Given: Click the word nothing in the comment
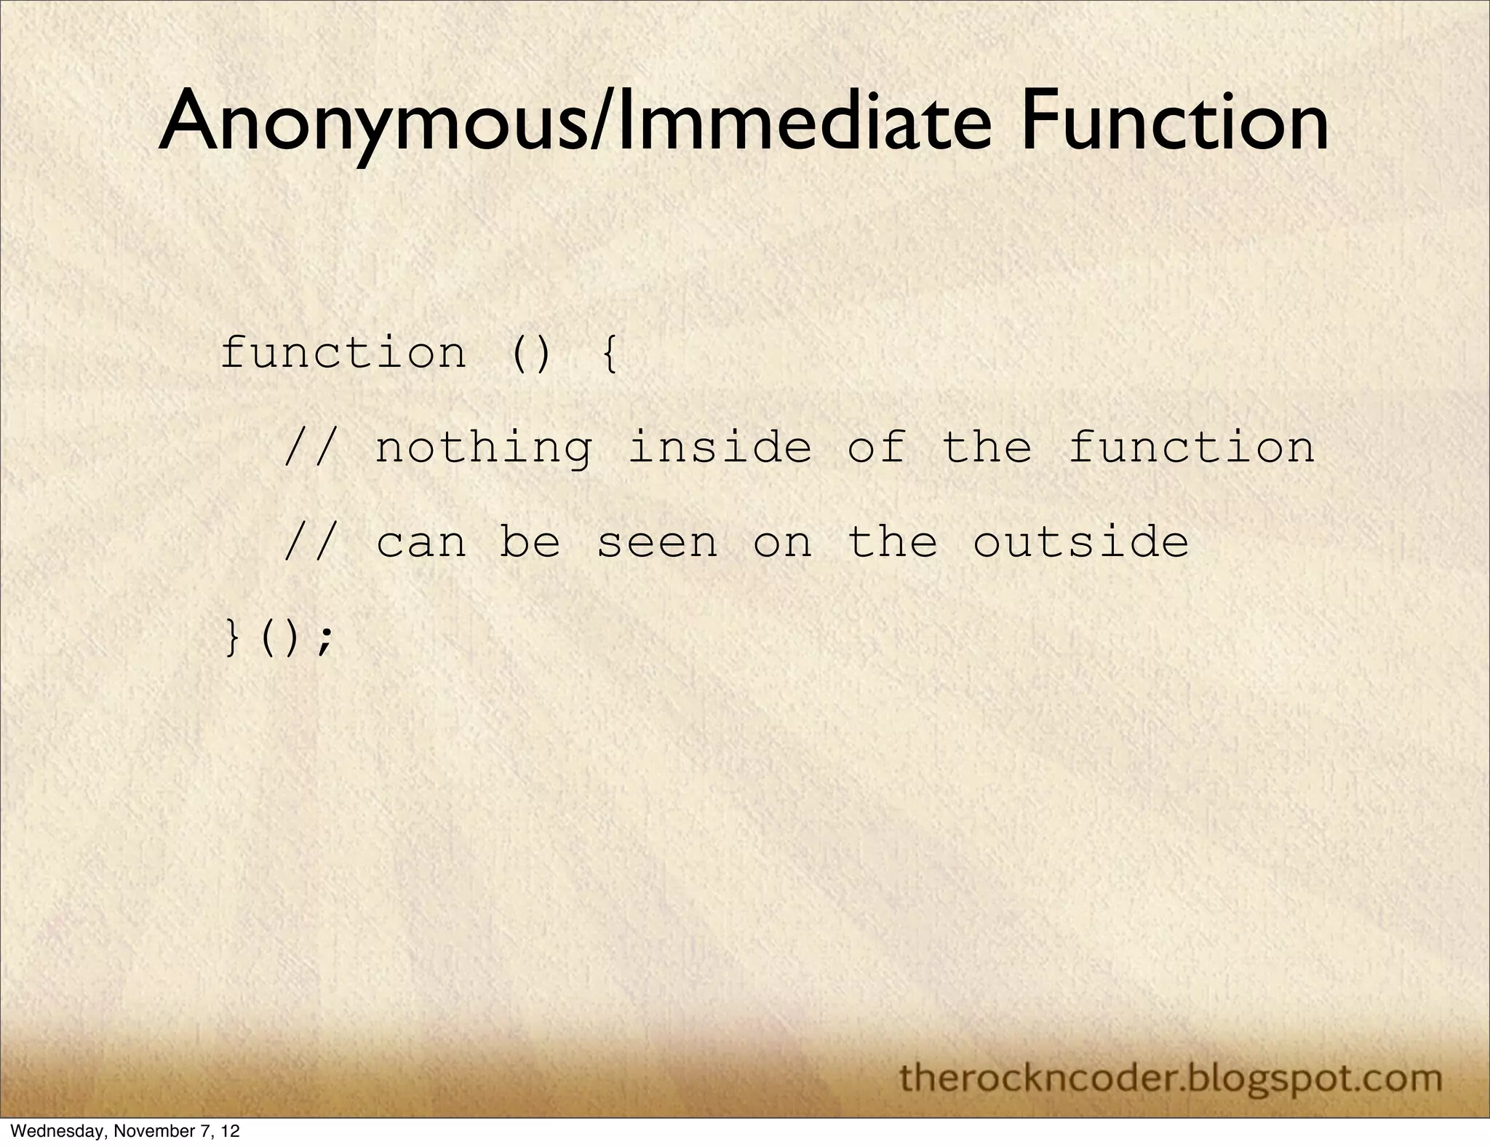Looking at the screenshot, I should tap(484, 448).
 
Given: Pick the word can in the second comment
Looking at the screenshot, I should tap(421, 543).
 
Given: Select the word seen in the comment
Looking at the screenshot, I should tap(657, 543).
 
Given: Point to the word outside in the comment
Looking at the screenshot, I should tap(1080, 541).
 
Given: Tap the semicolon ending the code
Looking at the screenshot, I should tap(325, 639).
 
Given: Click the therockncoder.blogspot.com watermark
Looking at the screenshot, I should tap(1171, 1077).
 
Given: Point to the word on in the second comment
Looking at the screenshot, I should tap(782, 543).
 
